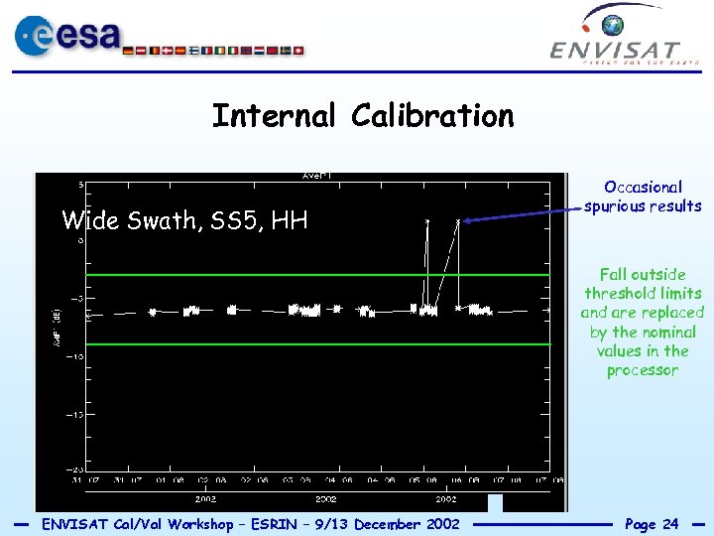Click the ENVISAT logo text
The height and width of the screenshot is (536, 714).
tap(615, 50)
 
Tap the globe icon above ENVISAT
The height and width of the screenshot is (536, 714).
tap(615, 24)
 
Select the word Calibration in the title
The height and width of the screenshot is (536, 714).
tap(432, 116)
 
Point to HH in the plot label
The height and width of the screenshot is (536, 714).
tap(289, 220)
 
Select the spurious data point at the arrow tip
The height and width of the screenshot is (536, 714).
tap(458, 220)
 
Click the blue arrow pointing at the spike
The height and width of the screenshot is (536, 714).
tap(521, 213)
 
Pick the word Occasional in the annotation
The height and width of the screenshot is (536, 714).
tap(643, 187)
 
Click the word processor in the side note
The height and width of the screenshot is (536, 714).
tap(643, 370)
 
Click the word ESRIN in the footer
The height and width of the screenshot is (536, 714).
tap(290, 523)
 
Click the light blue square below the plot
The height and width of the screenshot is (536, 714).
tap(496, 503)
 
